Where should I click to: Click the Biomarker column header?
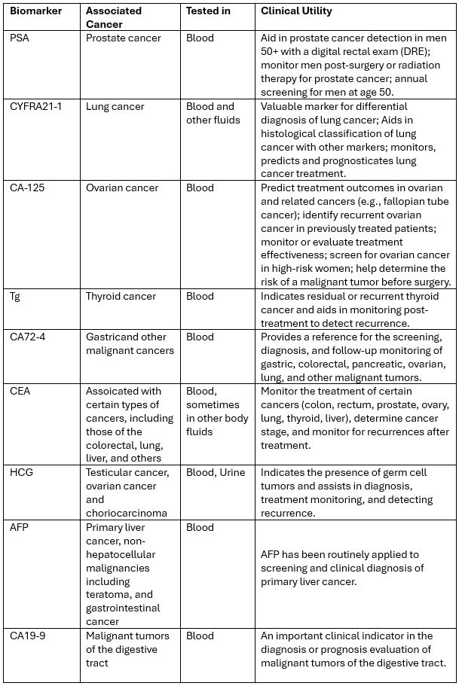point(35,12)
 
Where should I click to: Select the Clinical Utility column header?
point(296,12)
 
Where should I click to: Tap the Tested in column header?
point(209,12)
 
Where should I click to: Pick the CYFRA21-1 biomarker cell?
point(36,107)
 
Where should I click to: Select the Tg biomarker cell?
point(15,297)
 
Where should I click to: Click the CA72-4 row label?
point(28,337)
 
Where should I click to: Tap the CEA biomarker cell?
point(20,392)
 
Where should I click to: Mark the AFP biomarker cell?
point(20,528)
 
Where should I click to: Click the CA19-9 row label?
point(28,636)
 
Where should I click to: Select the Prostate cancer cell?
point(123,38)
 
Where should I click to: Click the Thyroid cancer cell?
point(121,297)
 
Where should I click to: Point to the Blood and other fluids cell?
point(210,113)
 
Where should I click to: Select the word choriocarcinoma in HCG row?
point(127,514)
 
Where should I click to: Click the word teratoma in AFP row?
point(109,595)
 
